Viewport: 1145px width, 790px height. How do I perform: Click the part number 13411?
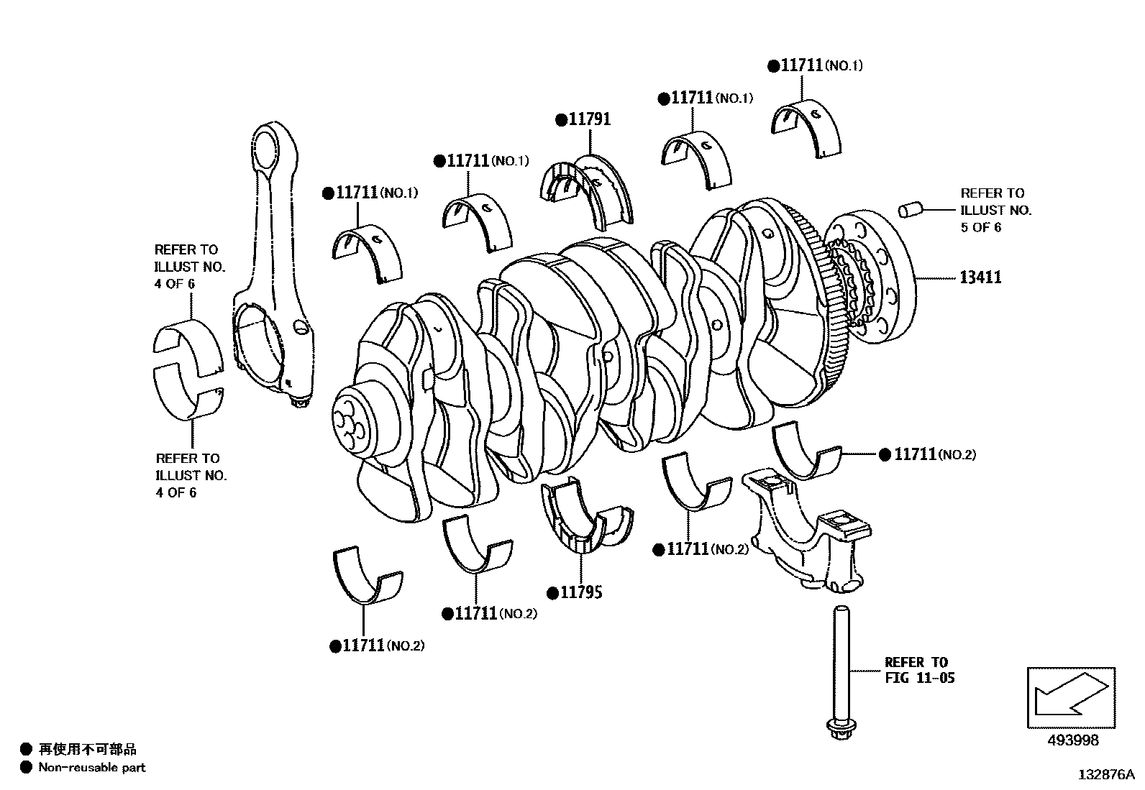coord(980,277)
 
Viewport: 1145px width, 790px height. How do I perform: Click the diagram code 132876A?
coord(1104,775)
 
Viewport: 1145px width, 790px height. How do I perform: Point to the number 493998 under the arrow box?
coord(1071,740)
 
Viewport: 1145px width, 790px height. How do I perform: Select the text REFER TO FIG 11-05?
coord(918,669)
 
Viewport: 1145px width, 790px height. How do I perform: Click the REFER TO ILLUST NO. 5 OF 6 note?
coord(995,210)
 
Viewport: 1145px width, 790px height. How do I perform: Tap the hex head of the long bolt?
coord(839,731)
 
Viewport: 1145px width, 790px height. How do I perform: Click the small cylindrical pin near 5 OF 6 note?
coord(909,210)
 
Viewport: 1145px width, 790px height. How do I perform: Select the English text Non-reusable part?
coord(91,767)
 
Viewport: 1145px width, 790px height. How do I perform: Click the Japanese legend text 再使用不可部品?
coord(87,750)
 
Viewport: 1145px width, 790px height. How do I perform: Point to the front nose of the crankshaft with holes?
coord(352,425)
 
